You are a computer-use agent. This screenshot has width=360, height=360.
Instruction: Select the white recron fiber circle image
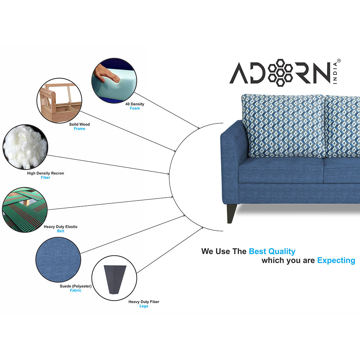coord(25,147)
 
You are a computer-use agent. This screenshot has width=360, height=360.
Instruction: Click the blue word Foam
coord(135,108)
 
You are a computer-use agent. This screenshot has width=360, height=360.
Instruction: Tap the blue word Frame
coord(80,129)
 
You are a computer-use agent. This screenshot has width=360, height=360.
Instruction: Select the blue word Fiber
coord(45,177)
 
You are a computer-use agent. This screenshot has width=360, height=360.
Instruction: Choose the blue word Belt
coord(60,231)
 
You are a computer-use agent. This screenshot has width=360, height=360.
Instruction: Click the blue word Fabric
coord(76,291)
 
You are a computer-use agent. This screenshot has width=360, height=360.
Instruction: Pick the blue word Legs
coord(144,306)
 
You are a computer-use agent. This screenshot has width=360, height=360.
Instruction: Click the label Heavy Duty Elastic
coord(60,227)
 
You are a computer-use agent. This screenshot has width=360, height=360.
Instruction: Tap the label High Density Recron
coord(45,173)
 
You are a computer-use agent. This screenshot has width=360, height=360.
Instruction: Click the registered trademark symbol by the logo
coord(338,61)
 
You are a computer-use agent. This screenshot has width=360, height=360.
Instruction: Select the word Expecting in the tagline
coord(336,260)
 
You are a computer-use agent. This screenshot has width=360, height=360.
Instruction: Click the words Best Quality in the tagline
coord(272,251)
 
